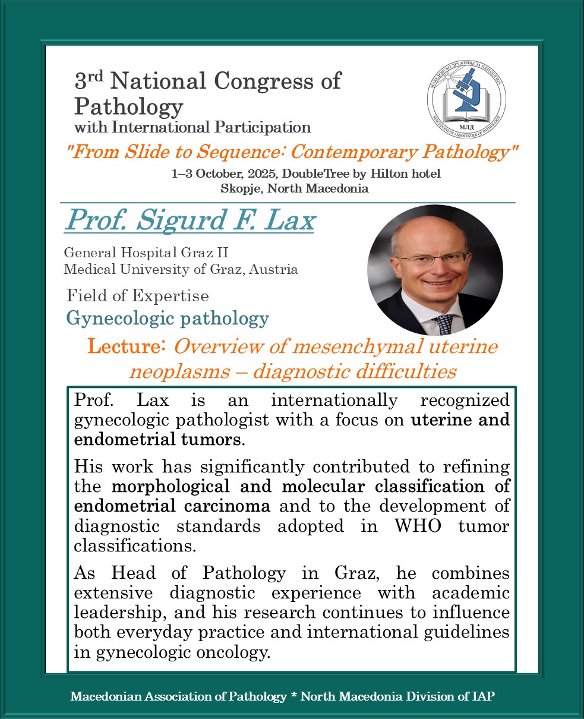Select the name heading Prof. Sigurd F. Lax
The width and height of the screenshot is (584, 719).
point(190,220)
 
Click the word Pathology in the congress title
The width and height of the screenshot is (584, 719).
point(128,106)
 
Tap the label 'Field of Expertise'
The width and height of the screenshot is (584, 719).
point(138,295)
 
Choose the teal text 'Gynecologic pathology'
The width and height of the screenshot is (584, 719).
point(168,318)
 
